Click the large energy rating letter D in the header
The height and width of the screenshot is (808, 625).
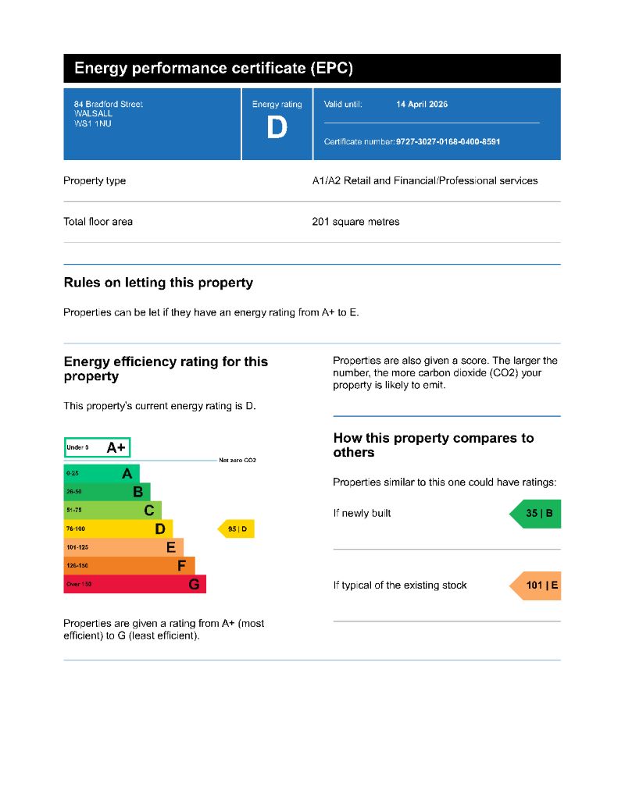click(x=277, y=127)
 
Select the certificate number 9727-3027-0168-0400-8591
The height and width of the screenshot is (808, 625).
click(x=448, y=142)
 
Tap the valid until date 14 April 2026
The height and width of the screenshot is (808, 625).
click(x=422, y=105)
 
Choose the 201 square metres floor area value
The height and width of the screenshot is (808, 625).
click(x=355, y=222)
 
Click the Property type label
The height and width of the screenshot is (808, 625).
click(x=95, y=181)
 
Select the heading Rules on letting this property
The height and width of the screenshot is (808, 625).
click(x=158, y=283)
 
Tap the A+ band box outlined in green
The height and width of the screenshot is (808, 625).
click(x=97, y=447)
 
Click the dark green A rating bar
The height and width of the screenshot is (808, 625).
click(x=102, y=473)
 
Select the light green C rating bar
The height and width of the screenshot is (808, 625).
click(x=112, y=511)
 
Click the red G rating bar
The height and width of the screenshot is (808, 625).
click(x=134, y=584)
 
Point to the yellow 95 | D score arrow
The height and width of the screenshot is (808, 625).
click(x=236, y=529)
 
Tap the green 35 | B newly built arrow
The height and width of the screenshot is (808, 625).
click(x=536, y=514)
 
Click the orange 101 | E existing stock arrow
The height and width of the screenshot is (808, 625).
click(x=536, y=586)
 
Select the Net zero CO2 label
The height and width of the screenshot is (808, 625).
click(x=237, y=461)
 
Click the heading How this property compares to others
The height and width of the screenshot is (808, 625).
click(x=434, y=445)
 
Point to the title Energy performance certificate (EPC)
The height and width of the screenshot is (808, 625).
click(x=213, y=69)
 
